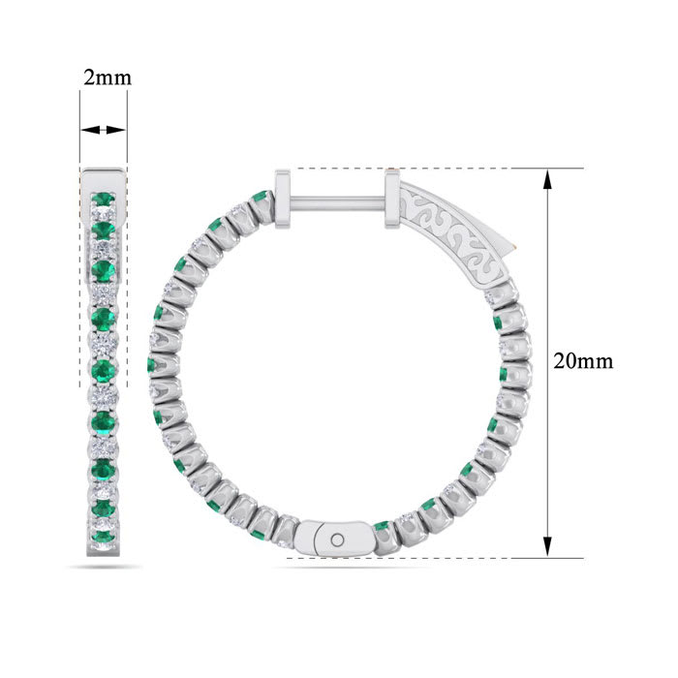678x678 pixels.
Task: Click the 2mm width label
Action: (x=105, y=78)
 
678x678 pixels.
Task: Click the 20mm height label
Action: (x=582, y=361)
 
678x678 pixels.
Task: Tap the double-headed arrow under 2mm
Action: (x=104, y=130)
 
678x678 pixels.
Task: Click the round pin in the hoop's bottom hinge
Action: (x=337, y=539)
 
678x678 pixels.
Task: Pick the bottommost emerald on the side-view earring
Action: (x=104, y=529)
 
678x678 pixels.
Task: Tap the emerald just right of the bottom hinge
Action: (x=382, y=527)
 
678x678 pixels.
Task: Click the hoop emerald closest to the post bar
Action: (x=260, y=199)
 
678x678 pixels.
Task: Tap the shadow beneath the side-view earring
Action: (x=104, y=567)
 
